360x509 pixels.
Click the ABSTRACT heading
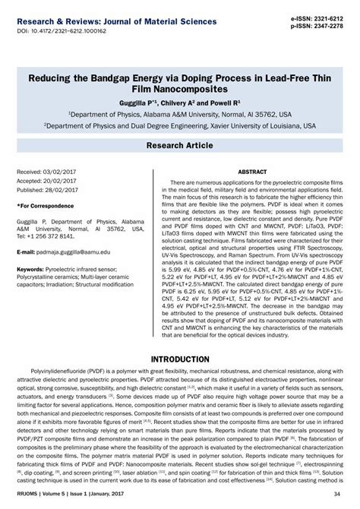pyautogui.click(x=252, y=172)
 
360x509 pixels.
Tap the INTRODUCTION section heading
pyautogui.click(x=180, y=359)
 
